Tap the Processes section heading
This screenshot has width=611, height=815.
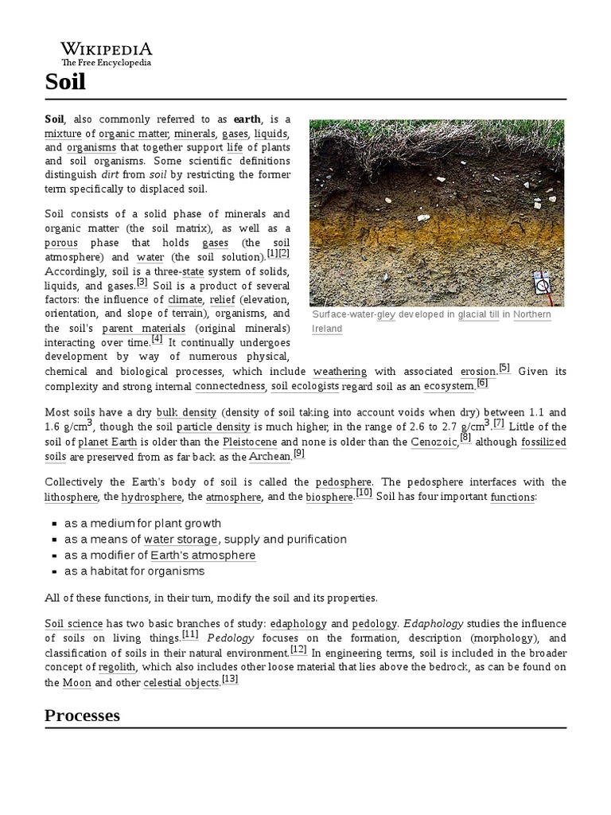point(82,715)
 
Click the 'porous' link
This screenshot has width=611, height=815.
point(61,243)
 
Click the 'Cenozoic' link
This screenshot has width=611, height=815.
point(434,442)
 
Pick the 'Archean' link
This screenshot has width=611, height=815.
point(270,456)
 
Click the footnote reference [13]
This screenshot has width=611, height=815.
point(230,680)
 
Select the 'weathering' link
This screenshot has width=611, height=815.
point(340,372)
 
